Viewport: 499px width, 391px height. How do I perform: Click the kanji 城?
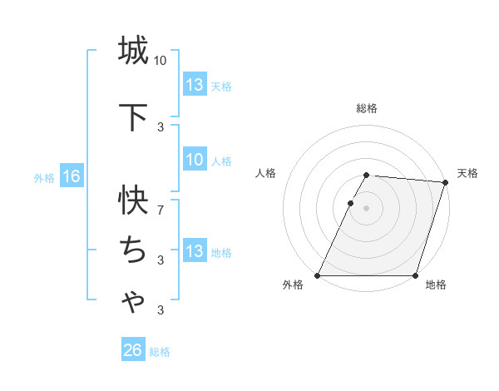coord(133,51)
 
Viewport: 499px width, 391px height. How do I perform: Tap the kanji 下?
coord(133,117)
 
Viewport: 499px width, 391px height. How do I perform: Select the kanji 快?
coord(133,200)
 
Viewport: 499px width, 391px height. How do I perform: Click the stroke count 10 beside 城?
coord(161,61)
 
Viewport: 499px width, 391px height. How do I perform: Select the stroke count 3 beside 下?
coord(161,126)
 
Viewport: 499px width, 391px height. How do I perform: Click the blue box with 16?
coord(71,176)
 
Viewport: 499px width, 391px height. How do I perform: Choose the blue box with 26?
coord(132,350)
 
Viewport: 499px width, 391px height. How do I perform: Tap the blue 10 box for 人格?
coord(195,160)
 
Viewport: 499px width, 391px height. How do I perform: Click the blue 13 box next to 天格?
coord(195,85)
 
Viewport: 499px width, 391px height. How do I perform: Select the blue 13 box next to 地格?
coord(195,251)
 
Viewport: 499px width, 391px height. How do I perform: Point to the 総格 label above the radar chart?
coord(367,108)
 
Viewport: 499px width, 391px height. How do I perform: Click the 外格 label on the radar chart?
coord(293,285)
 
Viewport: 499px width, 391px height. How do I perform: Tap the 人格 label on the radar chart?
coord(265,173)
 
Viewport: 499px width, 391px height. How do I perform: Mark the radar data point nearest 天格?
coord(446,182)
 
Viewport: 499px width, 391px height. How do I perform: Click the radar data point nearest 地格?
coord(416,275)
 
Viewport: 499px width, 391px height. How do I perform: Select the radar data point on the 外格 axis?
coord(318,275)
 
